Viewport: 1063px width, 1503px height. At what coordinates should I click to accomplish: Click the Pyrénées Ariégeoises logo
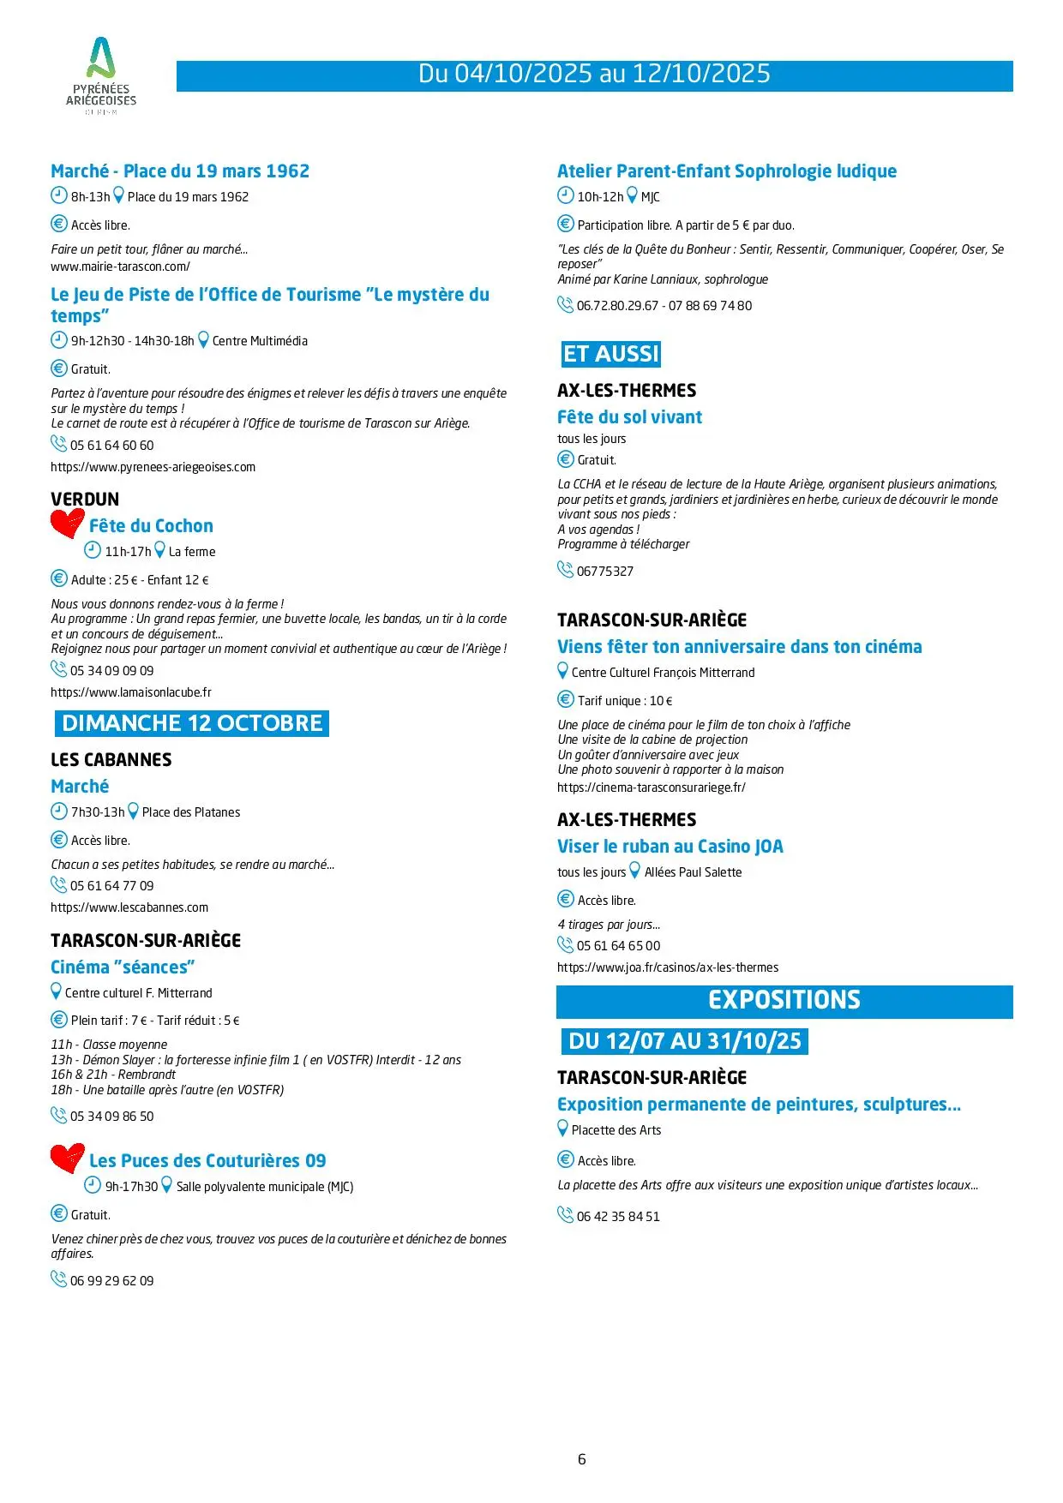[x=101, y=75]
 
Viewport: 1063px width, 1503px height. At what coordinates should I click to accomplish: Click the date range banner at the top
[x=594, y=75]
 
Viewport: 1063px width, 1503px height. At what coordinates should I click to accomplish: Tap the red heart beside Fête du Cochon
[x=67, y=524]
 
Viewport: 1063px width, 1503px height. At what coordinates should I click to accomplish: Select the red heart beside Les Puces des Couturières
[x=67, y=1158]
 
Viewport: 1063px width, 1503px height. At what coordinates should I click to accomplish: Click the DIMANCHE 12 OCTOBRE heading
[x=192, y=723]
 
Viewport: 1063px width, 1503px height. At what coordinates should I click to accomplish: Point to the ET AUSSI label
[x=611, y=354]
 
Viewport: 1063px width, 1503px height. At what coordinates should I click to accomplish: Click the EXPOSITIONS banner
[x=784, y=1000]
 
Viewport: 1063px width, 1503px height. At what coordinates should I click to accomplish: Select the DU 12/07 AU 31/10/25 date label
[x=684, y=1041]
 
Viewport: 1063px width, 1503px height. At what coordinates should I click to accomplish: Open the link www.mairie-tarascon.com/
[x=120, y=266]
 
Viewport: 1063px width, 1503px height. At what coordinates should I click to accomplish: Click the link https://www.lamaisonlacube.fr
[x=131, y=692]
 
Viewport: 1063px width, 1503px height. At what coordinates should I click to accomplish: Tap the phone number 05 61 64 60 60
[x=111, y=446]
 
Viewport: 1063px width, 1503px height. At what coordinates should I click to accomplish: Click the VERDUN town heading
[x=85, y=499]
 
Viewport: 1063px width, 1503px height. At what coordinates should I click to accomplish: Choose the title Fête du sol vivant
[x=629, y=417]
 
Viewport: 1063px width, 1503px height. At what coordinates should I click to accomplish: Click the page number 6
[x=582, y=1459]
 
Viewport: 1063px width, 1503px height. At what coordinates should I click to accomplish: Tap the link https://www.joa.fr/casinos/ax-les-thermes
[x=668, y=967]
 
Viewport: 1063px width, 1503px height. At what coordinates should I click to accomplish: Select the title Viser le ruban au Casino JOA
[x=670, y=847]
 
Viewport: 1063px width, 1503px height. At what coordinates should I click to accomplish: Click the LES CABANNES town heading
[x=111, y=759]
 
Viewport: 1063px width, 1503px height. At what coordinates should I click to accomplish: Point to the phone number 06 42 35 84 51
[x=618, y=1217]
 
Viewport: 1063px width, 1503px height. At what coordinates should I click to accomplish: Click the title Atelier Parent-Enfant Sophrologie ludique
[x=727, y=171]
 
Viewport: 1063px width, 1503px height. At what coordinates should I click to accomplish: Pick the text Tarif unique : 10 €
[x=625, y=701]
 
